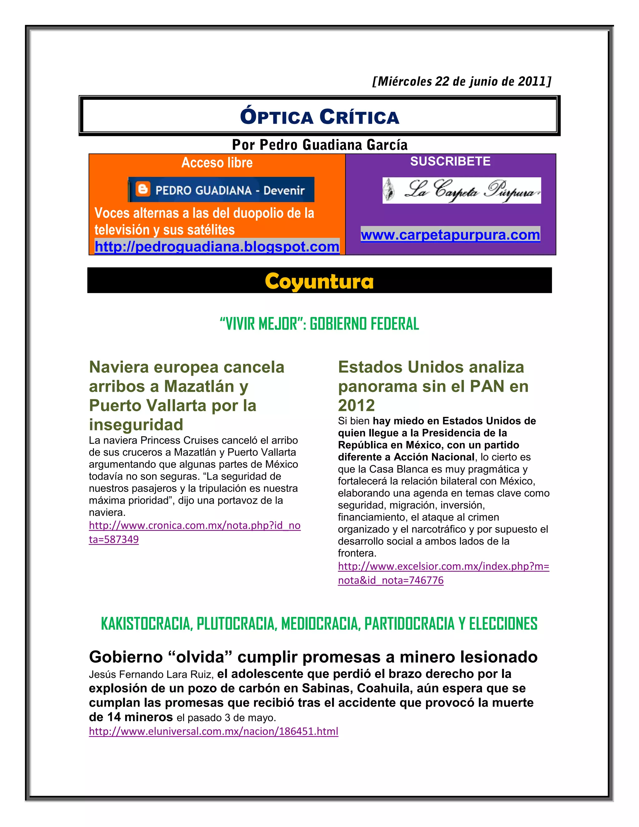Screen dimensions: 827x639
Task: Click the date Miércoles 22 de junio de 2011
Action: click(462, 81)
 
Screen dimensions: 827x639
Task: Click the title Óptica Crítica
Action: click(319, 117)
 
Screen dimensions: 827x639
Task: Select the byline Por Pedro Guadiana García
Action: click(319, 145)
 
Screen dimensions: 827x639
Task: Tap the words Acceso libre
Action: click(217, 163)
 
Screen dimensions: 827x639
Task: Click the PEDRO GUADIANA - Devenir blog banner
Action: click(221, 189)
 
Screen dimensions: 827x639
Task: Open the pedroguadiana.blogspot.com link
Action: click(217, 247)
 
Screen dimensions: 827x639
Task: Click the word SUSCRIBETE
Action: click(450, 161)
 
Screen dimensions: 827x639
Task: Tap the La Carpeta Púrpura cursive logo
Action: click(461, 190)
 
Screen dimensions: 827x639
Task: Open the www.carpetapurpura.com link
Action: click(450, 235)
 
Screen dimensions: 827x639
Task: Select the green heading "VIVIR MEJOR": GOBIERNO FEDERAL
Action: click(319, 324)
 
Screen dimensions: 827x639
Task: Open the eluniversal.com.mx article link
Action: click(213, 731)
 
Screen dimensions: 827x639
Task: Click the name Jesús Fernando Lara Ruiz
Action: click(151, 674)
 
